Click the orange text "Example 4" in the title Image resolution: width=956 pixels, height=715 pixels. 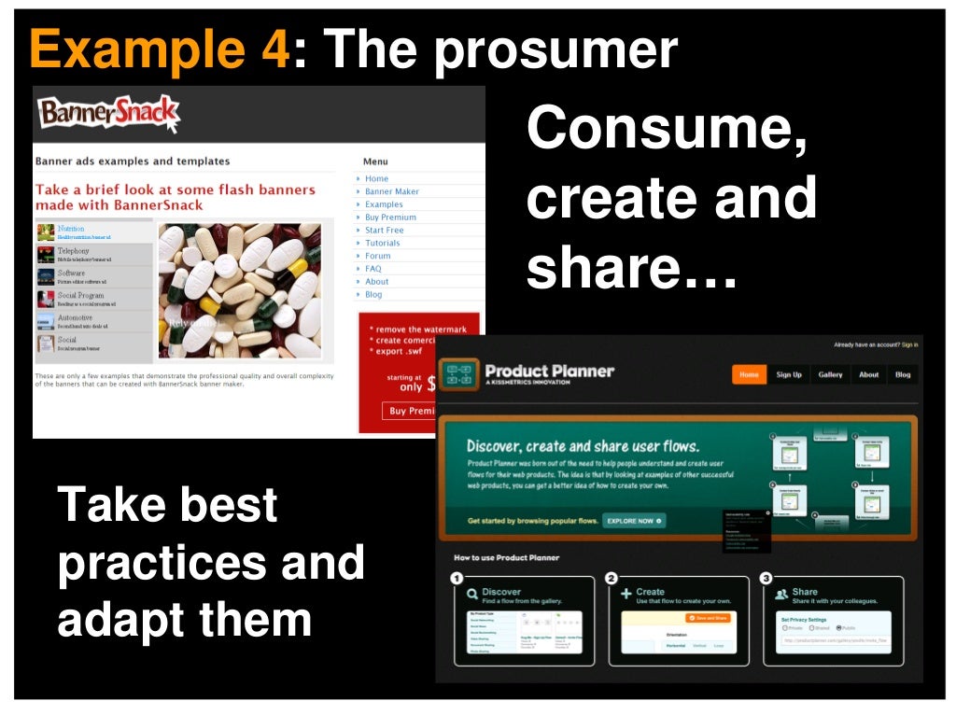160,49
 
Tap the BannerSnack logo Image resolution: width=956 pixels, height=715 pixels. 107,115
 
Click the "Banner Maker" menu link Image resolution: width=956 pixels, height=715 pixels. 392,191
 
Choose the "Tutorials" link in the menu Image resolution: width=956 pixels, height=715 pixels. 383,243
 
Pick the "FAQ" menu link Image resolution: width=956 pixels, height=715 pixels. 373,269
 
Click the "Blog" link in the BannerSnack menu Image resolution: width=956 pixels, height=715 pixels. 373,294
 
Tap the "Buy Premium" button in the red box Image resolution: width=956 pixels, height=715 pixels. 411,411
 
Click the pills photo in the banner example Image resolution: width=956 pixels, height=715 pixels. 240,290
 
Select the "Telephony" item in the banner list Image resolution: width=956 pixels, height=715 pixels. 74,251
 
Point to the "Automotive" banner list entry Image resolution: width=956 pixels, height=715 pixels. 75,318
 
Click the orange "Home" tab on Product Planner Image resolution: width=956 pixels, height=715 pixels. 749,374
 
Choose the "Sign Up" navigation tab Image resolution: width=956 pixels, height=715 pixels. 789,374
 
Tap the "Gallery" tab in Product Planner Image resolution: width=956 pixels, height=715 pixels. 830,374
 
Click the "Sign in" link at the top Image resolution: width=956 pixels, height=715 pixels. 909,344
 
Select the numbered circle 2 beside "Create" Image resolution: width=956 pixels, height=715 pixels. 612,578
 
